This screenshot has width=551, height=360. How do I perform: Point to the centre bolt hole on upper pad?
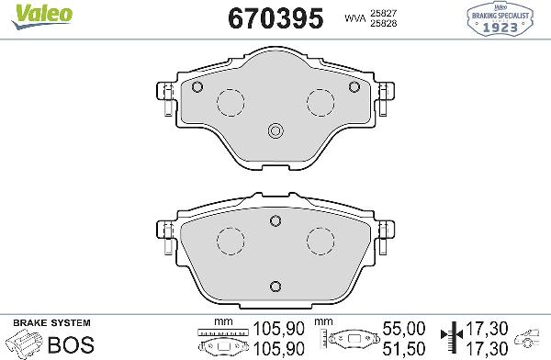[x=274, y=131]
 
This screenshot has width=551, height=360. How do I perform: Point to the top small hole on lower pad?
[x=275, y=219]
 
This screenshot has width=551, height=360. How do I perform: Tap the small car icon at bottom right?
[x=529, y=334]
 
